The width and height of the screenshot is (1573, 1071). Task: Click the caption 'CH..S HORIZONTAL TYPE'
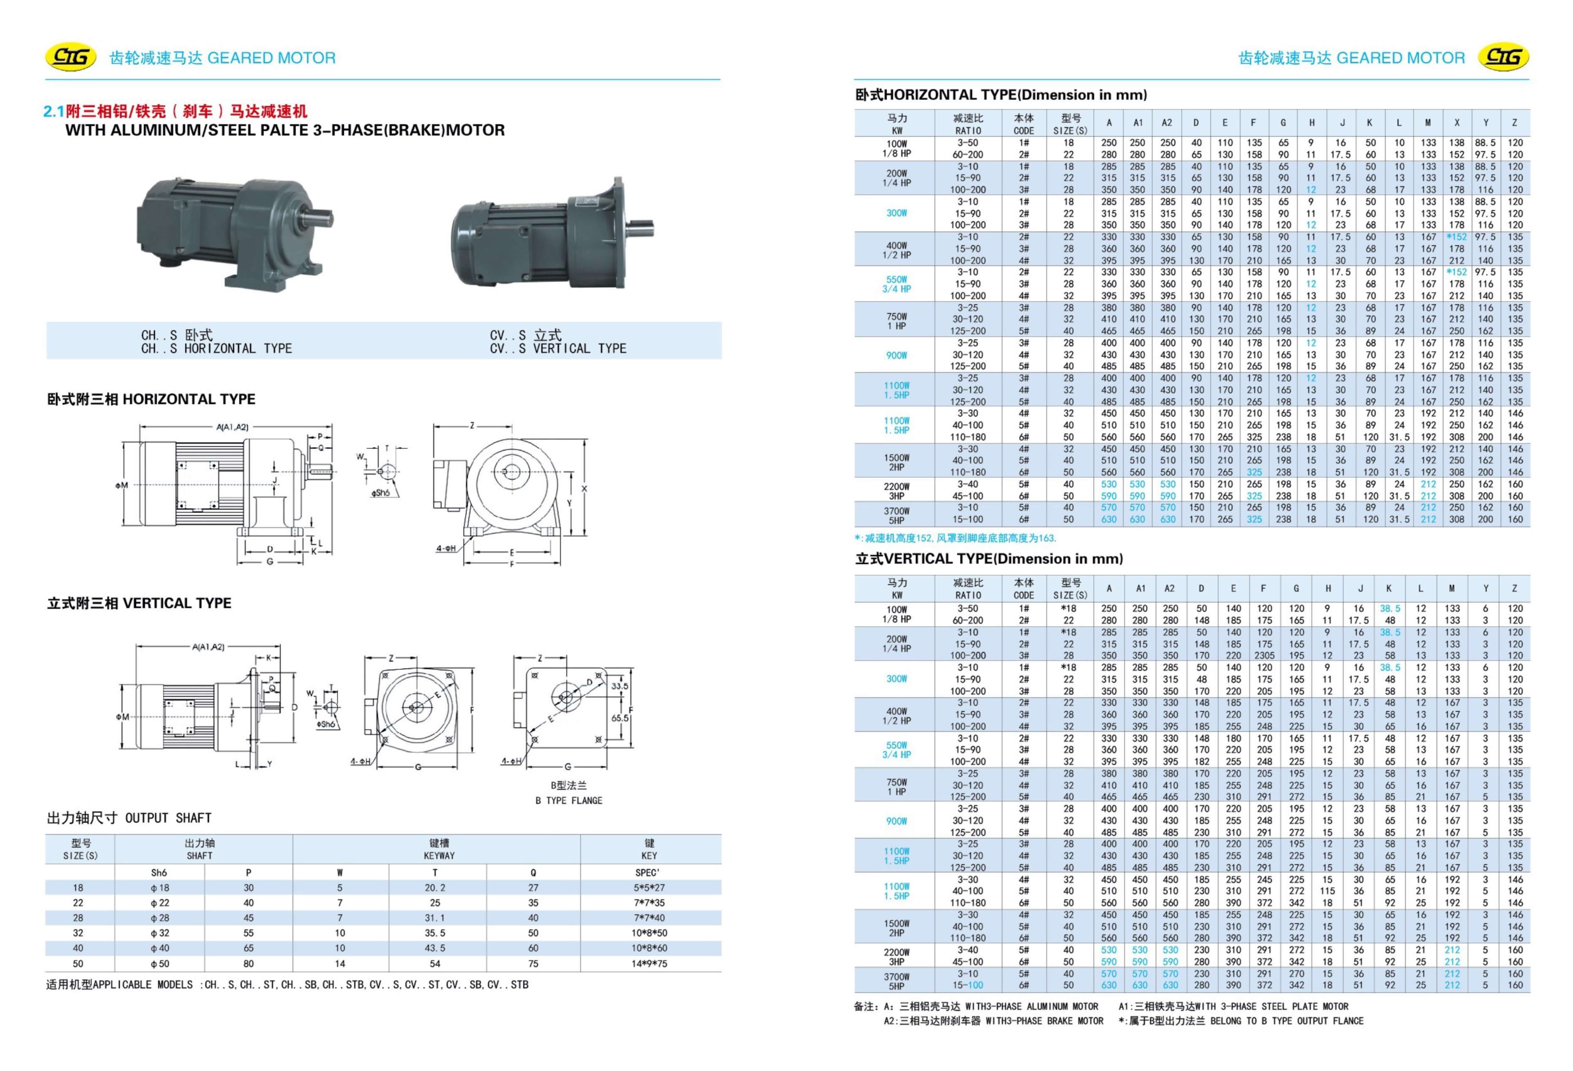(217, 342)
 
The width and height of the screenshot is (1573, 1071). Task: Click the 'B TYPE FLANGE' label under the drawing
(569, 800)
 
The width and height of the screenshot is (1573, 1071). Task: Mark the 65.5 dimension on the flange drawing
(619, 718)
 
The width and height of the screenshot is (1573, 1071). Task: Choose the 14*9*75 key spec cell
(649, 963)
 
